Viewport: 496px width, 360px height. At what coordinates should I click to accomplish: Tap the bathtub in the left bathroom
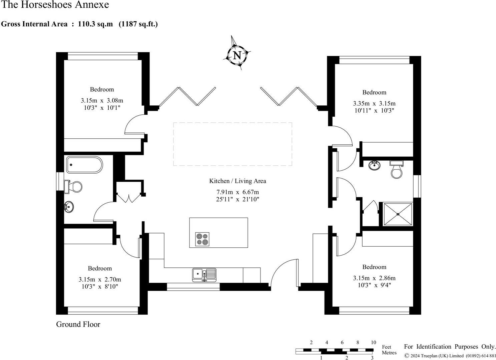(x=84, y=165)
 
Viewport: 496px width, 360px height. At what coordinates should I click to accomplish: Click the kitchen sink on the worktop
(x=204, y=275)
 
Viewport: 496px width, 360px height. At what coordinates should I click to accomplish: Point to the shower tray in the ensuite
(x=398, y=214)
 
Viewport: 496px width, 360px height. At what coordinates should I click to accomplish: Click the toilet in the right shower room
(x=397, y=170)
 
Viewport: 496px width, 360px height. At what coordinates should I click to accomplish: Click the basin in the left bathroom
(x=69, y=207)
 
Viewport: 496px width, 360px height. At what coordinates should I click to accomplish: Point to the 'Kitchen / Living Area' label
(x=237, y=181)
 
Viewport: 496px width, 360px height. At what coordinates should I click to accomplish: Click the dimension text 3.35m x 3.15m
(x=374, y=103)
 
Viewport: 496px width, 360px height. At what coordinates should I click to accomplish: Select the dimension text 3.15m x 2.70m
(x=100, y=279)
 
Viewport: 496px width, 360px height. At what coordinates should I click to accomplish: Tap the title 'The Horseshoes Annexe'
(x=55, y=5)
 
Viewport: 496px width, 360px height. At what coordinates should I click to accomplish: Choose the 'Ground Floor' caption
(x=78, y=324)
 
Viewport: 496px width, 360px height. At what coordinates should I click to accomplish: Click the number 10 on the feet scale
(x=373, y=342)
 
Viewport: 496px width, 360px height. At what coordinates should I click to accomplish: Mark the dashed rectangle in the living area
(x=232, y=144)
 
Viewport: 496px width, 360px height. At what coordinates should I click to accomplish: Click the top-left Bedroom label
(x=102, y=89)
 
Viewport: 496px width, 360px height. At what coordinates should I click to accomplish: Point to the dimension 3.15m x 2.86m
(x=374, y=278)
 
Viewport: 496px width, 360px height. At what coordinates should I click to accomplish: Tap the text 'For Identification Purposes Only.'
(x=450, y=347)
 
